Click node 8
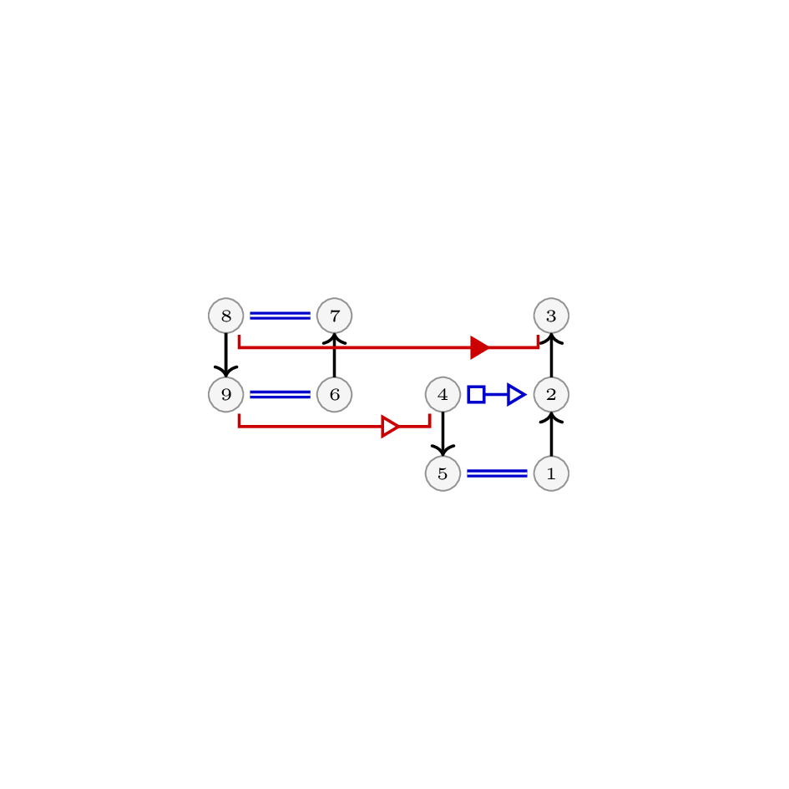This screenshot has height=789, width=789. coord(226,316)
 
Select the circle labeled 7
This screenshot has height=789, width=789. coord(334,316)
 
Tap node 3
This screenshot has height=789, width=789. coord(551,316)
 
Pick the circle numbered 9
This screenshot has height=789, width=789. coord(226,394)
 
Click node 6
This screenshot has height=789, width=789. coord(334,394)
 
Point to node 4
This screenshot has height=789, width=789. coord(443,394)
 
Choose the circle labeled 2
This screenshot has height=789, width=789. coord(551,394)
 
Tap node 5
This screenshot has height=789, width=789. coord(443,473)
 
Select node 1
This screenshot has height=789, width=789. coord(551,473)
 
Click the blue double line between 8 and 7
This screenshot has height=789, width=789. coord(280,316)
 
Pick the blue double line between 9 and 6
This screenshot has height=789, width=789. coord(280,394)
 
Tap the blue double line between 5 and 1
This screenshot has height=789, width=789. coord(497,473)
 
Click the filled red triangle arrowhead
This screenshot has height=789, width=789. coord(479,347)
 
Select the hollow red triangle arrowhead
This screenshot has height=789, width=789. coord(391,427)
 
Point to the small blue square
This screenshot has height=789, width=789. coord(476,394)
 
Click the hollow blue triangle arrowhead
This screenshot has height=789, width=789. coord(517,394)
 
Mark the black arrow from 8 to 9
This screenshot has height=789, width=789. coord(226,355)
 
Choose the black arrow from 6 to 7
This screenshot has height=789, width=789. coord(334,355)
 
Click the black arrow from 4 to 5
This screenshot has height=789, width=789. coord(443,434)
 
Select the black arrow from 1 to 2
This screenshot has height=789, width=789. coord(551,434)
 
